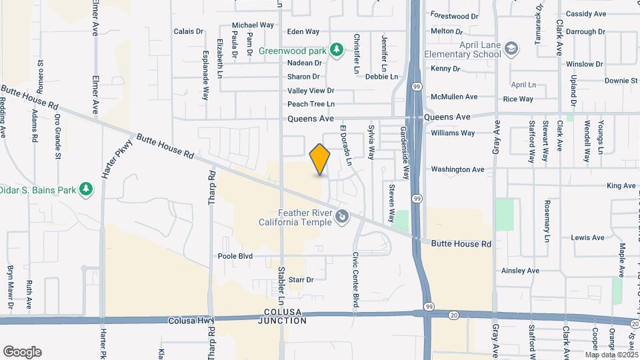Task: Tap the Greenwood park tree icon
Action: (x=337, y=49)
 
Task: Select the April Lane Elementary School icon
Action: (x=511, y=49)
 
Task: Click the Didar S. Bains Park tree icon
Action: (x=85, y=189)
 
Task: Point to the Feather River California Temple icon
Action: (x=342, y=215)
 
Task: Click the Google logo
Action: (x=22, y=351)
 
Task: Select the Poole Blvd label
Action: (x=235, y=256)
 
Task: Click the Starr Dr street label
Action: (x=301, y=280)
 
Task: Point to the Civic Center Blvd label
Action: (x=356, y=279)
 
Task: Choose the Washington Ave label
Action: (x=457, y=169)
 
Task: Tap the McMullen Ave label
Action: (x=454, y=97)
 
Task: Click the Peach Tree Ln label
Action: (x=311, y=104)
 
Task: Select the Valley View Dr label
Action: (x=310, y=91)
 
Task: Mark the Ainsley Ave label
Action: (x=520, y=271)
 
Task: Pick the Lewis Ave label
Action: (x=587, y=237)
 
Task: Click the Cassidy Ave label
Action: (x=585, y=14)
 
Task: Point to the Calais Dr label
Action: (x=188, y=31)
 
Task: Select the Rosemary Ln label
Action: (x=547, y=220)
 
